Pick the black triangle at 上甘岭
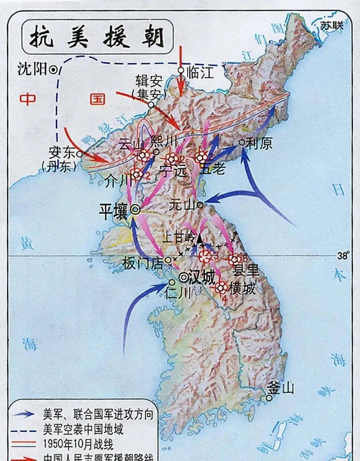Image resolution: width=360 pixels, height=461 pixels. tap(199, 238)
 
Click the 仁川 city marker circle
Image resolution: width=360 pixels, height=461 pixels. tap(172, 282)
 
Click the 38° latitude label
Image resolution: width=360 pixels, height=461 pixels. tap(343, 256)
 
